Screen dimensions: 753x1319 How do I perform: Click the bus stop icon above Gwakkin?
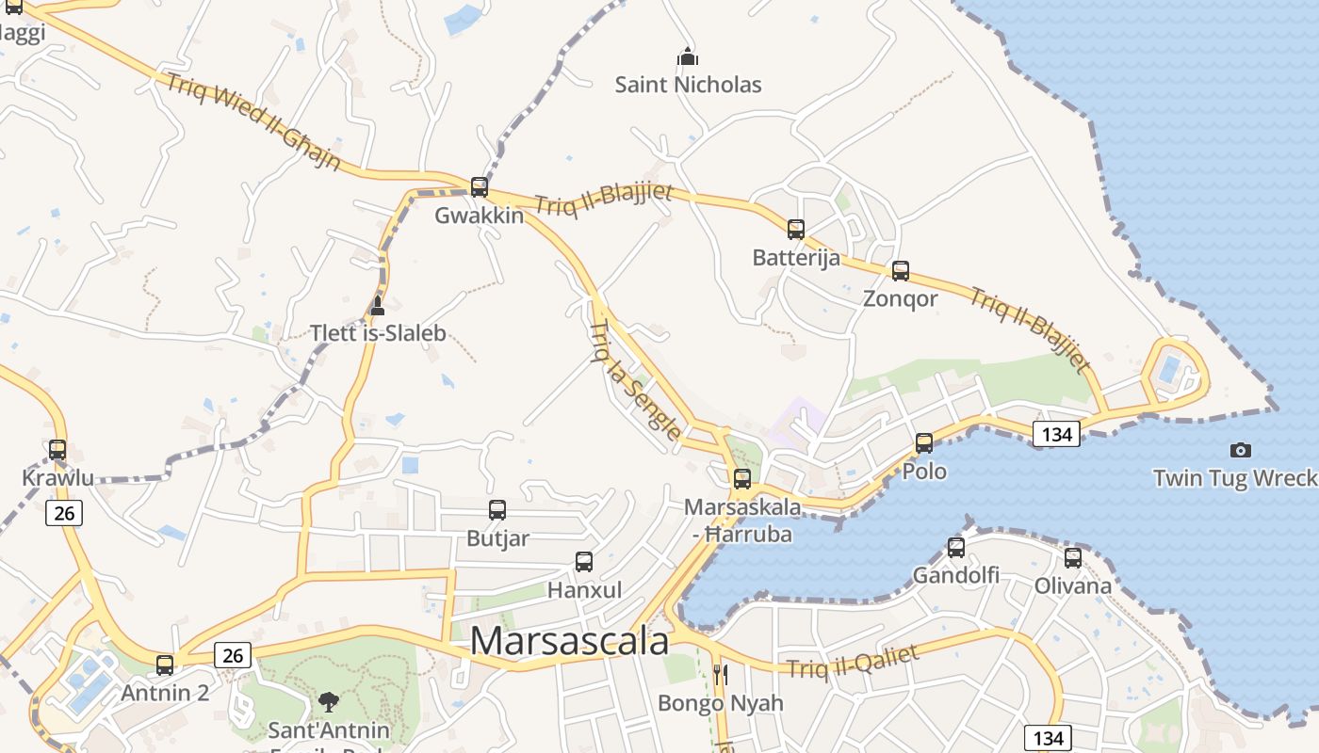(480, 186)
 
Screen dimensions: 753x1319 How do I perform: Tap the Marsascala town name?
(569, 641)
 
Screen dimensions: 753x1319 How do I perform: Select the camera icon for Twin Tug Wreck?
(1241, 450)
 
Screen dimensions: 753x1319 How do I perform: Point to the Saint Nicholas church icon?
(688, 56)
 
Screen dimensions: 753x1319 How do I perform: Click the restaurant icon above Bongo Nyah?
(721, 674)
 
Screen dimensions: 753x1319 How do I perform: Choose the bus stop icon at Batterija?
(796, 229)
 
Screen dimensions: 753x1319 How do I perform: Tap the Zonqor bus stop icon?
(901, 271)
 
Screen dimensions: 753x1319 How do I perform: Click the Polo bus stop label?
(924, 471)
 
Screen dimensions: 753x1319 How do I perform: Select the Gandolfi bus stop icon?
(956, 547)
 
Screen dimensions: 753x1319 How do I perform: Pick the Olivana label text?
(1073, 585)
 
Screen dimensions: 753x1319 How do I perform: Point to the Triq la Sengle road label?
(634, 380)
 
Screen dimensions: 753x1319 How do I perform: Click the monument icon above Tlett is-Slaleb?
(378, 305)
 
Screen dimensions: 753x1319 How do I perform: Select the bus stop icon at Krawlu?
(57, 450)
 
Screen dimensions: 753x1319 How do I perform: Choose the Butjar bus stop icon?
(497, 510)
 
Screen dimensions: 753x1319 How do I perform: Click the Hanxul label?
(584, 590)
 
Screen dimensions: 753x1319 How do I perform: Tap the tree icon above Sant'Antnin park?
(329, 700)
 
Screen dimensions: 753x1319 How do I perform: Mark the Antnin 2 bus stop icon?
(165, 665)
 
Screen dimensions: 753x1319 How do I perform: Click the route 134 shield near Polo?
(1056, 434)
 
